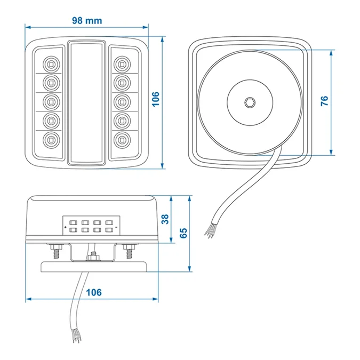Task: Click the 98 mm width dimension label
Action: [87, 21]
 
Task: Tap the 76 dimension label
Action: [324, 101]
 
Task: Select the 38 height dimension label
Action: [165, 219]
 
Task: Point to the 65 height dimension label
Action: [183, 233]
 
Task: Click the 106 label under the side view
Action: [94, 292]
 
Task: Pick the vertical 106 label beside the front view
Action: [156, 99]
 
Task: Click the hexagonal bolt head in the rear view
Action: [250, 102]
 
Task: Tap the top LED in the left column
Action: [51, 65]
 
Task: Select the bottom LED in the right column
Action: [122, 140]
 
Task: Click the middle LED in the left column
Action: [51, 102]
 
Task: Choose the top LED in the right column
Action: [122, 65]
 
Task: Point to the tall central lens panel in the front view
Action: [86, 103]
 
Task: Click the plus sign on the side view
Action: [66, 227]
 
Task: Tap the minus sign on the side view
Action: [116, 227]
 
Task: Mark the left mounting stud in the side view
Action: [55, 251]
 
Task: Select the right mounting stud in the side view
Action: [129, 251]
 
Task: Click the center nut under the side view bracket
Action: [93, 257]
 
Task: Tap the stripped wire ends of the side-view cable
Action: [77, 336]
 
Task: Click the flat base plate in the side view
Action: [94, 267]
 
